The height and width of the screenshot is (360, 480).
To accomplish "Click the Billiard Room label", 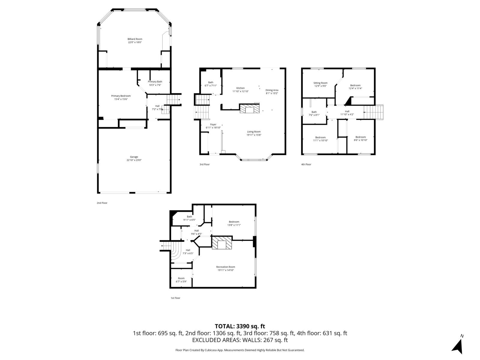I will (x=135, y=39).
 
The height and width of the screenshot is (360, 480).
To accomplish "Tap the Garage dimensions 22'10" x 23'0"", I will (x=134, y=160).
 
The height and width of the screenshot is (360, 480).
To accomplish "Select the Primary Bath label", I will (x=155, y=82).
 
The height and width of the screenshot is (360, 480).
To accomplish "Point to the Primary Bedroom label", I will (x=121, y=96).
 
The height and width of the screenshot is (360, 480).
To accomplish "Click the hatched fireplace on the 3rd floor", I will (x=249, y=108).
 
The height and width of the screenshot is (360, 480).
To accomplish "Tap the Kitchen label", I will (x=240, y=88).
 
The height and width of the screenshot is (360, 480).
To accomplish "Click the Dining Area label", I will (x=272, y=90).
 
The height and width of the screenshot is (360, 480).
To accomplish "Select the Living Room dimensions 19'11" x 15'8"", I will (x=254, y=135).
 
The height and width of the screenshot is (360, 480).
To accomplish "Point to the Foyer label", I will (x=213, y=124).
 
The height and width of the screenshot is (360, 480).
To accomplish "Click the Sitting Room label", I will (x=320, y=83).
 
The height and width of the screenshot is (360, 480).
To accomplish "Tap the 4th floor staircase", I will (x=373, y=112).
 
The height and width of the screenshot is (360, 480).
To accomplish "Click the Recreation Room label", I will (x=226, y=267).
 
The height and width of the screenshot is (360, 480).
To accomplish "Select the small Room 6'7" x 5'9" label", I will (x=181, y=278).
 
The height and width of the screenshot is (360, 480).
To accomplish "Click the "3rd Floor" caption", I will (x=205, y=164).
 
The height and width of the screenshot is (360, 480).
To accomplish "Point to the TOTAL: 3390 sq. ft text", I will (x=240, y=326).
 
